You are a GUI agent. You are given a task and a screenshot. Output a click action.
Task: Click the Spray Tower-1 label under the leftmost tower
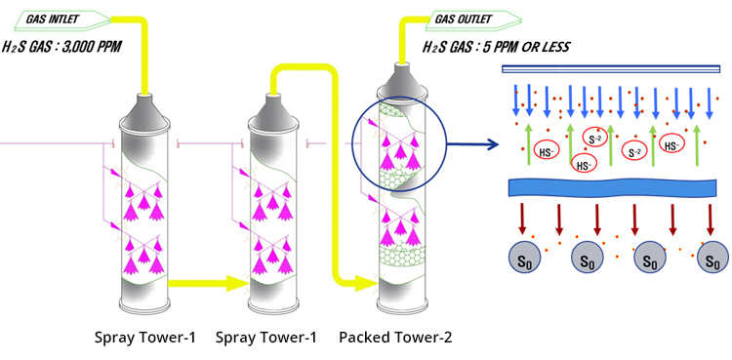coord(144,338)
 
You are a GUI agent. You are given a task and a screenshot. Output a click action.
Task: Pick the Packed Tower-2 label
coord(395,338)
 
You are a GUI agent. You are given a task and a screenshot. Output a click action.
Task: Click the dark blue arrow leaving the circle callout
coord(472,144)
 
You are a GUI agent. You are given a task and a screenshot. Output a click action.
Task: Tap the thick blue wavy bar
coord(612,187)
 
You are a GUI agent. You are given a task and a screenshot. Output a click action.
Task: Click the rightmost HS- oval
coord(671,145)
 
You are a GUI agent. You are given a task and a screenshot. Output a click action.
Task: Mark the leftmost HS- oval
coord(547,150)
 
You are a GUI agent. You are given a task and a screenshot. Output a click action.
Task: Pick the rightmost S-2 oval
coord(634,152)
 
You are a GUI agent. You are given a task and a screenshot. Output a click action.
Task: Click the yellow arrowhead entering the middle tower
coord(237,283)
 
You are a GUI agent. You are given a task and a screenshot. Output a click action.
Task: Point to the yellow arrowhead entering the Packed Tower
coord(366,283)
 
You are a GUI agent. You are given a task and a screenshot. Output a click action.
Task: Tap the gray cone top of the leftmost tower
coord(144,109)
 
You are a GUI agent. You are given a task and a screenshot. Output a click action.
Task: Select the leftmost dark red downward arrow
coord(522,219)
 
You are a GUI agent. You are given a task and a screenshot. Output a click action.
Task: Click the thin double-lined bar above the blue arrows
coord(611,68)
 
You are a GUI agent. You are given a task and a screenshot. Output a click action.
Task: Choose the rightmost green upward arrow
coord(696,144)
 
